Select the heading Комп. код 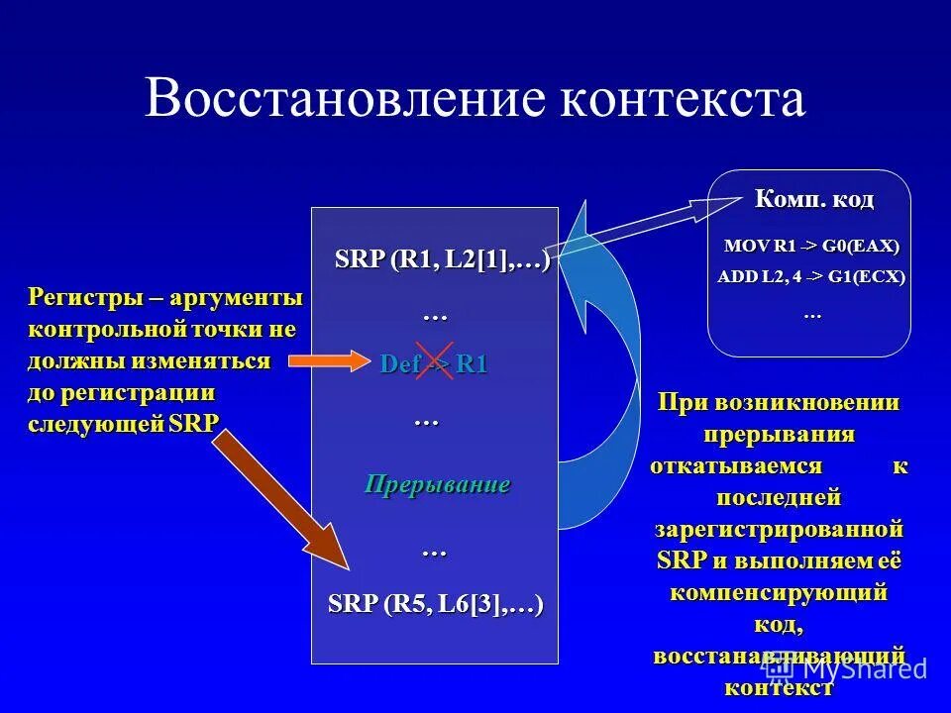click(814, 200)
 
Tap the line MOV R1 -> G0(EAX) click(811, 246)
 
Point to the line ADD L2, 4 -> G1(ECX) click(811, 277)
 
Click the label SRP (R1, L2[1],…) click(442, 259)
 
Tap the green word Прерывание click(437, 484)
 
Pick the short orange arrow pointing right click(327, 359)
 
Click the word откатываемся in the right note click(736, 465)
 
